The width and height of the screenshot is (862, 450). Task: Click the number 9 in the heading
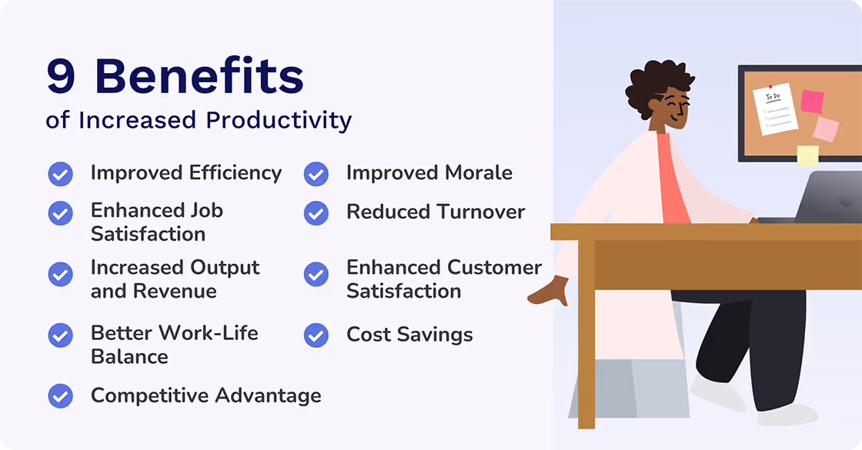click(x=61, y=77)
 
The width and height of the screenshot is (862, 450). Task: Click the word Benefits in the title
click(x=199, y=77)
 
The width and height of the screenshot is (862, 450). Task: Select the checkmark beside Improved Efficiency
click(x=60, y=174)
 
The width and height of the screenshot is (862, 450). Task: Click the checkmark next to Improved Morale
click(x=316, y=174)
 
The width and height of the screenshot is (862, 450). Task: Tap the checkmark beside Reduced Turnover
click(x=316, y=213)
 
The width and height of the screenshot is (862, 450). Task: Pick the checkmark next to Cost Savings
click(x=316, y=335)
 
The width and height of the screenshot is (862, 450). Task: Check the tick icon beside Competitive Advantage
click(x=60, y=396)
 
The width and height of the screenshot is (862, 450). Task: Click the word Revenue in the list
click(x=175, y=292)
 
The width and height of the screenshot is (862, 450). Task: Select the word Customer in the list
click(x=494, y=268)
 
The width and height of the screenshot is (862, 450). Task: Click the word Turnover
click(x=480, y=212)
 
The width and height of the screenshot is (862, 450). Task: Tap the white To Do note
click(x=775, y=108)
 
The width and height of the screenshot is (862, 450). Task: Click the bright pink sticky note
click(x=812, y=102)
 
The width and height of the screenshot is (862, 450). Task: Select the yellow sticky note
click(x=807, y=155)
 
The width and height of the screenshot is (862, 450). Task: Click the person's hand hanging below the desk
click(x=551, y=292)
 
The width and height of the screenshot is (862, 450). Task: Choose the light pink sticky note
click(x=825, y=129)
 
